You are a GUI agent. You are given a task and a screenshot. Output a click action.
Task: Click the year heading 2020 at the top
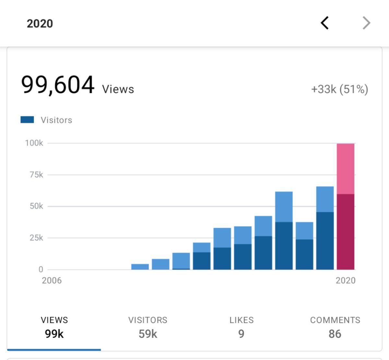pyautogui.click(x=40, y=24)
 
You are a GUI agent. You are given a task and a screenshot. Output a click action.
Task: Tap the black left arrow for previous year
pyautogui.click(x=325, y=23)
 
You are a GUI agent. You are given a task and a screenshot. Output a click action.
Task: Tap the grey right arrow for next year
pyautogui.click(x=366, y=23)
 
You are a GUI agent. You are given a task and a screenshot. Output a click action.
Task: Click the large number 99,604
pyautogui.click(x=58, y=85)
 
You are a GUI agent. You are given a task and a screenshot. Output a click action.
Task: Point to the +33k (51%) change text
pyautogui.click(x=339, y=89)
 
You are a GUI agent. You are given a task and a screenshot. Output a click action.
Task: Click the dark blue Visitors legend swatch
pyautogui.click(x=27, y=120)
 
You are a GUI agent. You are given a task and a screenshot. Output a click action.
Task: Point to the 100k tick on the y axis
pyautogui.click(x=34, y=143)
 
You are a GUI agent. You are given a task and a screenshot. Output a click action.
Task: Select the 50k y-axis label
pyautogui.click(x=36, y=206)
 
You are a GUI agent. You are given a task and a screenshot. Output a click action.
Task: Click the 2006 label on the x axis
pyautogui.click(x=52, y=281)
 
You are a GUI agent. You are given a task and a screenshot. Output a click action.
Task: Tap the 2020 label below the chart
pyautogui.click(x=346, y=281)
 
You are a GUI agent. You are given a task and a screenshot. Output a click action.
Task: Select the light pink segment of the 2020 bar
pyautogui.click(x=346, y=169)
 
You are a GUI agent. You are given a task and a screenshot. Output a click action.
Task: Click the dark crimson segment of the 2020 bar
pyautogui.click(x=346, y=232)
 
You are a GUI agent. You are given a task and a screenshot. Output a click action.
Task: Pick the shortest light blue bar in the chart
pyautogui.click(x=140, y=267)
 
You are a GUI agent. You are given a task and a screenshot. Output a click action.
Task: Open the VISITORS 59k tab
pyautogui.click(x=148, y=327)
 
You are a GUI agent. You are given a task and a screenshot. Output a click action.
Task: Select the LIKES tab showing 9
pyautogui.click(x=241, y=327)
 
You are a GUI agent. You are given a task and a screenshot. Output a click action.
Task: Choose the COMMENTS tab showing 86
pyautogui.click(x=335, y=327)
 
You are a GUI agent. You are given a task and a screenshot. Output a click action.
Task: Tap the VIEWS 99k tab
pyautogui.click(x=54, y=327)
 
